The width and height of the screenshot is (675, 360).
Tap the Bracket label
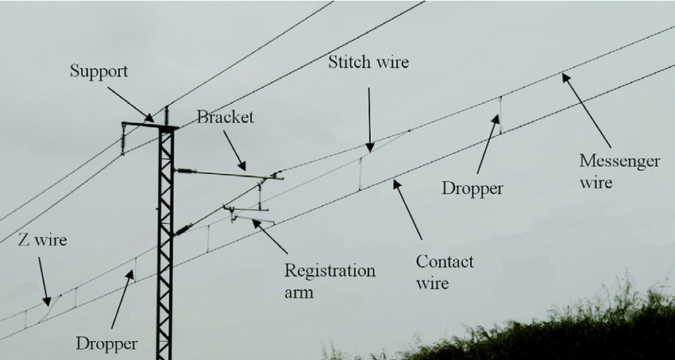(x=225, y=118)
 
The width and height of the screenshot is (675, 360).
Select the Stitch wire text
(x=368, y=62)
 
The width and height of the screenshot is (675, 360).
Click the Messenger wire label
(x=619, y=172)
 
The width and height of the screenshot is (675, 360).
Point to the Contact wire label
(x=445, y=272)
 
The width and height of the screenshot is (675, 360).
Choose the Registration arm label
(x=329, y=281)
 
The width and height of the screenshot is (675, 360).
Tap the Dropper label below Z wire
(x=106, y=344)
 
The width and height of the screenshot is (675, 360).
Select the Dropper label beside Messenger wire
(x=473, y=188)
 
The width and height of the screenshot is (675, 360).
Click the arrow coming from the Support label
(x=130, y=104)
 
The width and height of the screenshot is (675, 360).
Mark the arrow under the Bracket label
(x=235, y=151)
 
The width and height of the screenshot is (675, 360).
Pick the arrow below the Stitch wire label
(x=369, y=119)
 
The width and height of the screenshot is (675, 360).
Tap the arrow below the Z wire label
(x=44, y=282)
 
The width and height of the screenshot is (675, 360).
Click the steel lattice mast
(x=165, y=238)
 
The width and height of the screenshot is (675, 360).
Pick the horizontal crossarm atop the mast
(x=149, y=124)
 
